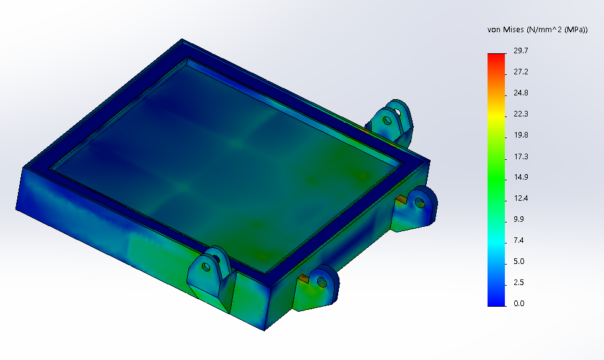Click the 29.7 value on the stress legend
521,50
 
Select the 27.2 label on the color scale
521,72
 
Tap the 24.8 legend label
521,93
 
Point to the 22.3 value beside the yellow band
521,114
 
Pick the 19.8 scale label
521,135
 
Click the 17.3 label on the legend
521,156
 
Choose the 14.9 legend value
521,177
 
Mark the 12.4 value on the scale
521,198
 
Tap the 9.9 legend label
519,219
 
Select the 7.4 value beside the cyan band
519,240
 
